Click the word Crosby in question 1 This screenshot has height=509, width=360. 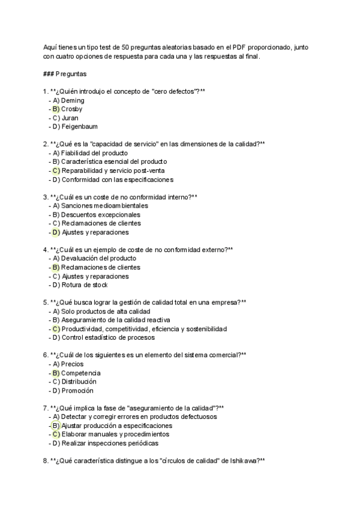pyautogui.click(x=71, y=109)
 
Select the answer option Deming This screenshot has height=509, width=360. pyautogui.click(x=73, y=100)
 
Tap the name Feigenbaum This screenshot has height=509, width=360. pyautogui.click(x=80, y=127)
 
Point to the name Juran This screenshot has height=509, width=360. pyautogui.click(x=70, y=118)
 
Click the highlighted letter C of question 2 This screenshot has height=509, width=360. pyautogui.click(x=56, y=170)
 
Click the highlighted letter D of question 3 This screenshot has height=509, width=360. pyautogui.click(x=56, y=232)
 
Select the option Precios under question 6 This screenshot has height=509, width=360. pyautogui.click(x=72, y=364)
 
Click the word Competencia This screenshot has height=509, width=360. pyautogui.click(x=81, y=373)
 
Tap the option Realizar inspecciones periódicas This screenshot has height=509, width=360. pyautogui.click(x=110, y=443)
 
